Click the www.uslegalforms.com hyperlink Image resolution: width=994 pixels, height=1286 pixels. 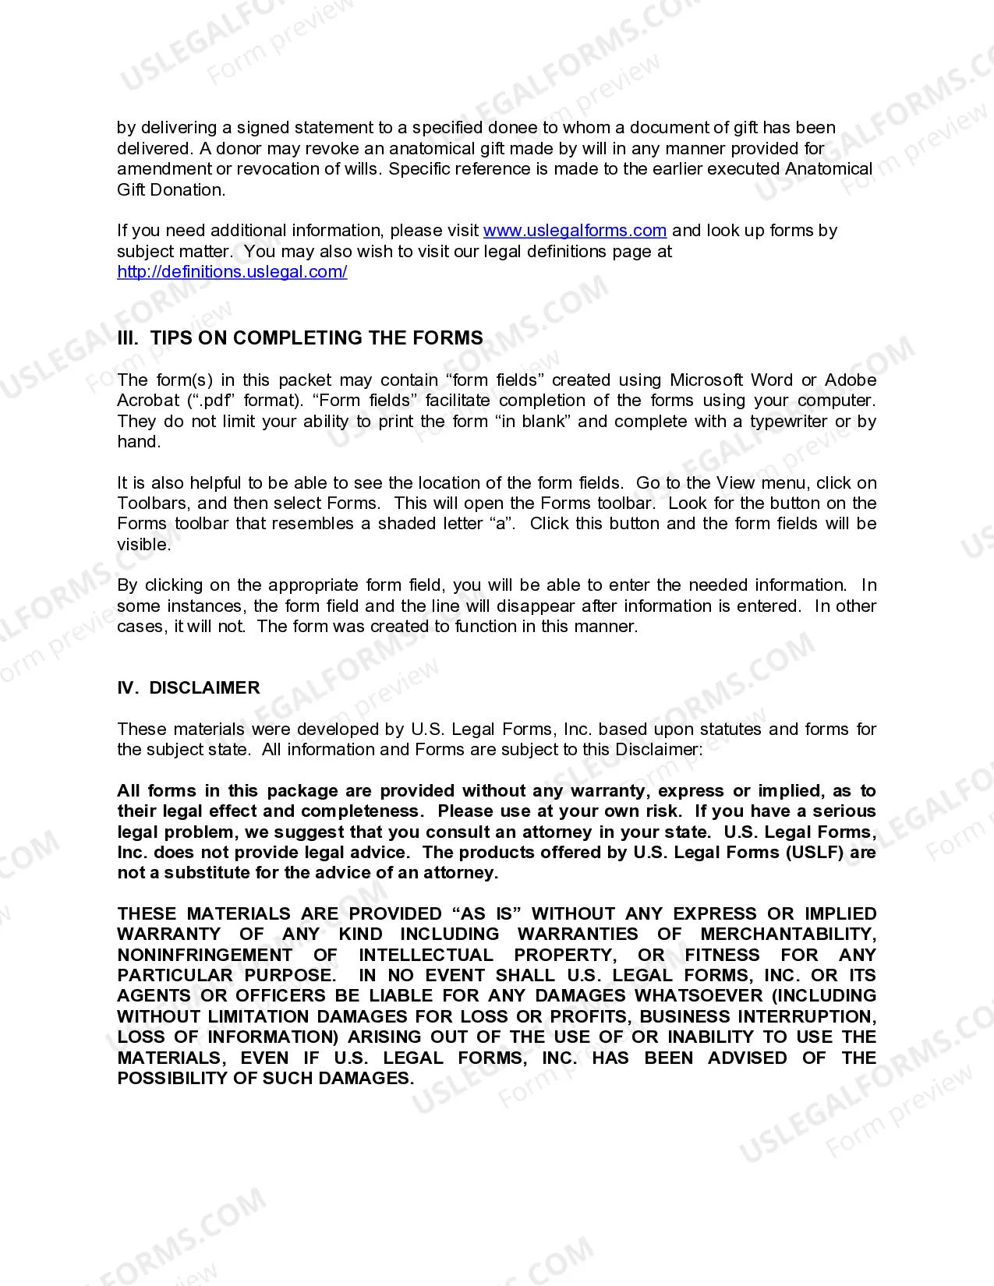pyautogui.click(x=575, y=231)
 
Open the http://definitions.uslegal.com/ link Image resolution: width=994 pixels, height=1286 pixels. pyautogui.click(x=232, y=272)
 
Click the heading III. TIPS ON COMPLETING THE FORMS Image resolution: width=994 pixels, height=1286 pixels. pyautogui.click(x=300, y=338)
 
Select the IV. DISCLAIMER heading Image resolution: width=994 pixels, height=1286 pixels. pyautogui.click(x=189, y=688)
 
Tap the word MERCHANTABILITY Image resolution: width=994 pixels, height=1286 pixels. pyautogui.click(x=788, y=934)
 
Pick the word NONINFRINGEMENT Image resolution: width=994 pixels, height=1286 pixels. pyautogui.click(x=205, y=956)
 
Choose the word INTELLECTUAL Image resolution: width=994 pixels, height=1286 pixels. pyautogui.click(x=426, y=956)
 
